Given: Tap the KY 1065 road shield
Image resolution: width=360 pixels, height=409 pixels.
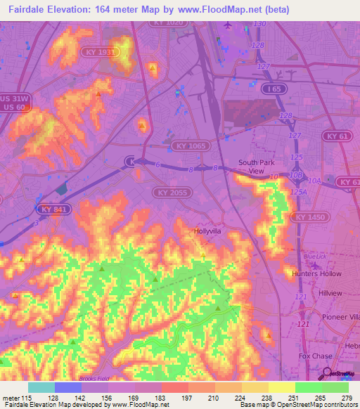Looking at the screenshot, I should (186, 145).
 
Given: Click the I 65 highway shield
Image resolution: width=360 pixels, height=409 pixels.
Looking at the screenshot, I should (275, 89).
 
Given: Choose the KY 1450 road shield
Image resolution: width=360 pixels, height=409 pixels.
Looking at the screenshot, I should (310, 218).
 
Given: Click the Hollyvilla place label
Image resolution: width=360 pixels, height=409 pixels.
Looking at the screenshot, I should (209, 230).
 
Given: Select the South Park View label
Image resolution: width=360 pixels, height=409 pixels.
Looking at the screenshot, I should (251, 167).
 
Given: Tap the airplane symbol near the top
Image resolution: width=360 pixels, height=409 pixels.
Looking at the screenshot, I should (226, 25).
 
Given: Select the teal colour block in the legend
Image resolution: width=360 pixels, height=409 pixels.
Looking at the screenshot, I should (41, 387).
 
